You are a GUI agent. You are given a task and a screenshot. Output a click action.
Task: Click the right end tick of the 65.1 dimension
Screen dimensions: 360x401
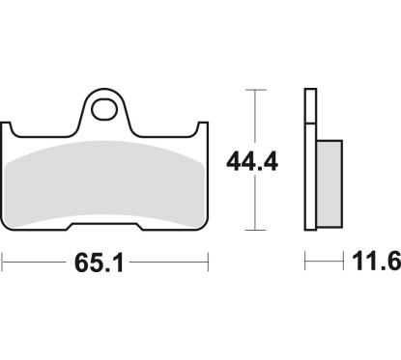[208, 262]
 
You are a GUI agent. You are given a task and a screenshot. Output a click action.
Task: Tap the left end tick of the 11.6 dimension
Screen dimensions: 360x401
[305, 262]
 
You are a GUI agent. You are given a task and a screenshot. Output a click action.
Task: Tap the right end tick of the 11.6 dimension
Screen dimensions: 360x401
[343, 262]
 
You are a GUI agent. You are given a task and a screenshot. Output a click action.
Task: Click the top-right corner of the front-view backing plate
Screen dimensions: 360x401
[206, 123]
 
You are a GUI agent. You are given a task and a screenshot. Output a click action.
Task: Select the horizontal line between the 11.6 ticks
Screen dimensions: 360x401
[324, 262]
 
